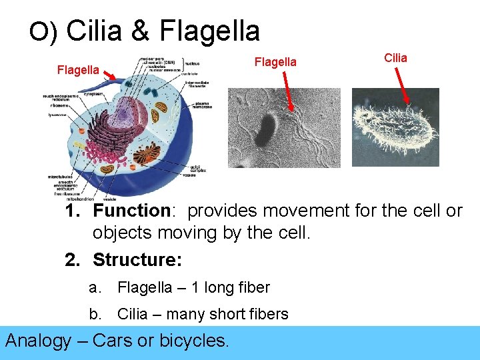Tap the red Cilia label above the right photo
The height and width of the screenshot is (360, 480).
[395, 58]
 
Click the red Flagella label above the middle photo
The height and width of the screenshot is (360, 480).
[275, 62]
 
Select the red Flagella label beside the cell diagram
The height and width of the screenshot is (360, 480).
[78, 69]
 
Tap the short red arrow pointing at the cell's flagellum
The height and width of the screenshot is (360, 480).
[113, 79]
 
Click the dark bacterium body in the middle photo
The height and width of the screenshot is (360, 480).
[267, 127]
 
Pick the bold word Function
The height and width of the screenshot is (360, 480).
[132, 211]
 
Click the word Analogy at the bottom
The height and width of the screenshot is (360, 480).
[37, 341]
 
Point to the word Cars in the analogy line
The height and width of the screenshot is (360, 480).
[113, 341]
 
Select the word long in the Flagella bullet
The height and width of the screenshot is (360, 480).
[215, 288]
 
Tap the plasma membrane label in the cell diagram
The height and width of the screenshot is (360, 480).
[203, 107]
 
